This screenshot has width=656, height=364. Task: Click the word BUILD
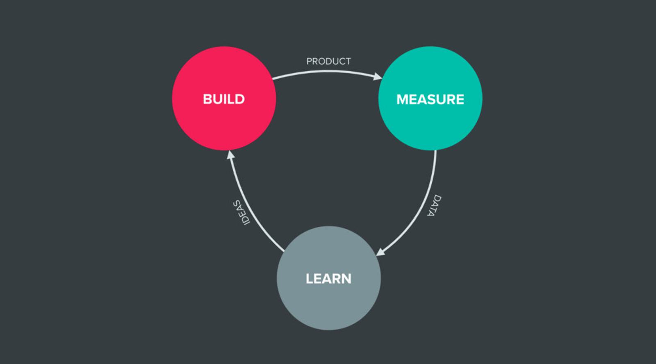(224, 99)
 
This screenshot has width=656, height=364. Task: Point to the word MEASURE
(430, 99)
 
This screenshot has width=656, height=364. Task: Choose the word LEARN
(328, 279)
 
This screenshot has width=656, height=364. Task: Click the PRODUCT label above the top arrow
(328, 61)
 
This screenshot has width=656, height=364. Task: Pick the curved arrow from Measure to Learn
(426, 197)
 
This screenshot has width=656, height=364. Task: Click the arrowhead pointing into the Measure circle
(377, 76)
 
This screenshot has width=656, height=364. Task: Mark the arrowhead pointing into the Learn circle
(380, 252)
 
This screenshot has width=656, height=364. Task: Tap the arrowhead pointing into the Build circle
(231, 155)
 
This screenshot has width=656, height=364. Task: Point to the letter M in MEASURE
(403, 99)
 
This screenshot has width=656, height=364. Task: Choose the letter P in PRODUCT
(309, 61)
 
